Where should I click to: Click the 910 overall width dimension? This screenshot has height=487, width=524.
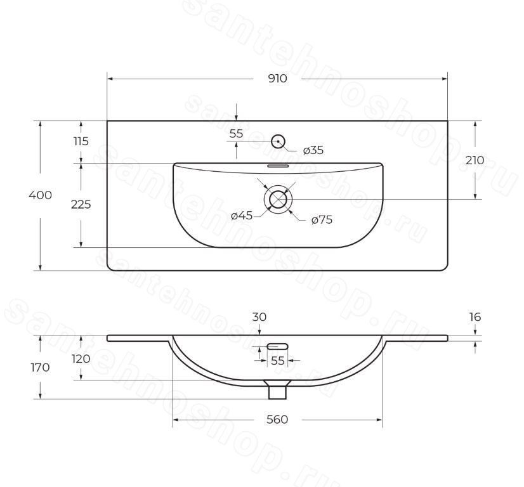[x=277, y=79]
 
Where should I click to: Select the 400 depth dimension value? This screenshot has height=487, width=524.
[x=41, y=195]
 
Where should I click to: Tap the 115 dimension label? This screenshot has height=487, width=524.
[x=81, y=141]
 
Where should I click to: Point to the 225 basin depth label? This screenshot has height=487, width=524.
[x=81, y=204]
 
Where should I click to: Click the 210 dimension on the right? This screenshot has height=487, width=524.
[x=475, y=160]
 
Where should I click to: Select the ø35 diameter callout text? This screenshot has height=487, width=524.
[x=313, y=150]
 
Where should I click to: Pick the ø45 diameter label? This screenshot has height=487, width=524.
[x=242, y=216]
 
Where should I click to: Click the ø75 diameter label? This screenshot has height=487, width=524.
[x=322, y=220]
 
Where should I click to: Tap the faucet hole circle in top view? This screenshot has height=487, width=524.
[x=278, y=141]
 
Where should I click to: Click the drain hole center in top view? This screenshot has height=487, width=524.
[x=278, y=200]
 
